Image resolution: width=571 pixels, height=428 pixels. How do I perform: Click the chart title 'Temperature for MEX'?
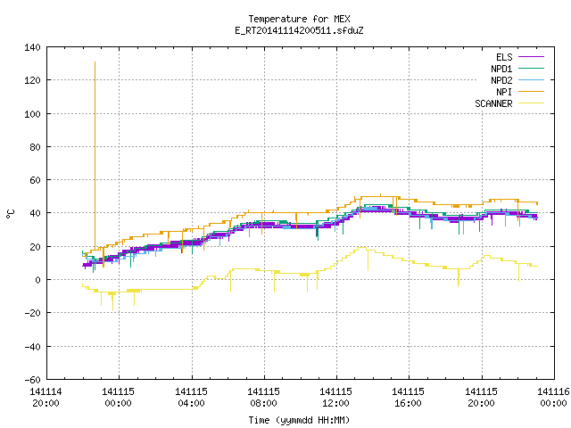(299, 19)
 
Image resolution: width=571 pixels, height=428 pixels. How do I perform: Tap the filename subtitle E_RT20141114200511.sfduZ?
(299, 30)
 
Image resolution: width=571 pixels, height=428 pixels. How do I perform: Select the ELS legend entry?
(520, 57)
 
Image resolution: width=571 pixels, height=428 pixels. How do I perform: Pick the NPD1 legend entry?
(517, 69)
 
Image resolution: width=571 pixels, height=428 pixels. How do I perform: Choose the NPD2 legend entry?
(517, 80)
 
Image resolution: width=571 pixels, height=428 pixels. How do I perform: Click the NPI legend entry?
(520, 92)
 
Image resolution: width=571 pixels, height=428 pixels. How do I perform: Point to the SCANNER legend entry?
(509, 103)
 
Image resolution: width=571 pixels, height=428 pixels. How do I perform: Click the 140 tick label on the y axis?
(32, 47)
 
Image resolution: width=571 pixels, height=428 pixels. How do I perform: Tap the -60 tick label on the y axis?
(32, 380)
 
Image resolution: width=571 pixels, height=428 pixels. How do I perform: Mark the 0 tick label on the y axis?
(37, 280)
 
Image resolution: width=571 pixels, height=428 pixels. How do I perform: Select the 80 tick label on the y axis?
(35, 147)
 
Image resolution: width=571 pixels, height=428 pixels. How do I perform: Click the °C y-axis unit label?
(10, 214)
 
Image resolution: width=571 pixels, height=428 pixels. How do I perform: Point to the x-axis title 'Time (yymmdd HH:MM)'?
(299, 420)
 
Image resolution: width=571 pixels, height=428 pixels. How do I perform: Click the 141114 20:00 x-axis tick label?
(46, 397)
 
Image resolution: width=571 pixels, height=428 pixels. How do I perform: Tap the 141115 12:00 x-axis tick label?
(335, 397)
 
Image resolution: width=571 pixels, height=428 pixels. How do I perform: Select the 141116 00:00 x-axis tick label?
(553, 397)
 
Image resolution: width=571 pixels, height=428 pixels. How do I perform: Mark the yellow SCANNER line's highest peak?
(361, 248)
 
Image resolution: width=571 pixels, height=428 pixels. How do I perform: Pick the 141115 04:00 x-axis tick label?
(191, 397)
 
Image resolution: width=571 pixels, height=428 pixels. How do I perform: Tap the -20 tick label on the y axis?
(32, 313)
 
